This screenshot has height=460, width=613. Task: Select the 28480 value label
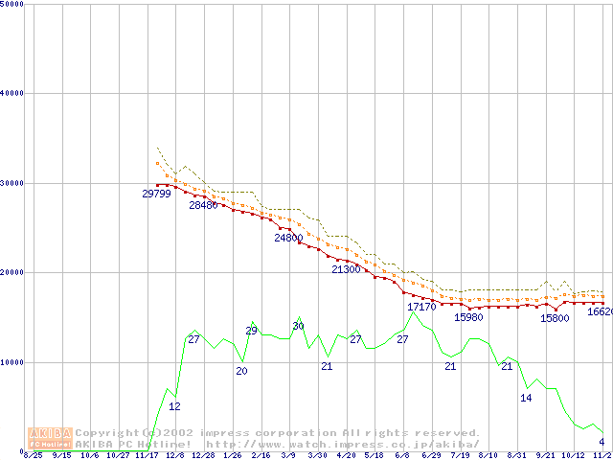203,205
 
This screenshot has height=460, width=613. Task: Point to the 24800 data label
288,238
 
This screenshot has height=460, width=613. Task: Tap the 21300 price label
346,270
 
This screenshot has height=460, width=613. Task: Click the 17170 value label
421,307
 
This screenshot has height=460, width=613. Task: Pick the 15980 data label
468,317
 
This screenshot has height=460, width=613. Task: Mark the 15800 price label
555,318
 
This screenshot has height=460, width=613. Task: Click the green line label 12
174,406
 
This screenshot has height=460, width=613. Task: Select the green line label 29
252,331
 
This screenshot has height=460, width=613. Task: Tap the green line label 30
298,327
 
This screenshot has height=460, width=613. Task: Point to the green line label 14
526,398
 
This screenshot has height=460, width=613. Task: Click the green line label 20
241,371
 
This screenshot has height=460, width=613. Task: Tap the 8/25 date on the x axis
33,456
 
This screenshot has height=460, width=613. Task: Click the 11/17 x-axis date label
147,456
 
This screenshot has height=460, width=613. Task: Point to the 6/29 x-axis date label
431,456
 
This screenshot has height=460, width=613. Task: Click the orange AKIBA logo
50,438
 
